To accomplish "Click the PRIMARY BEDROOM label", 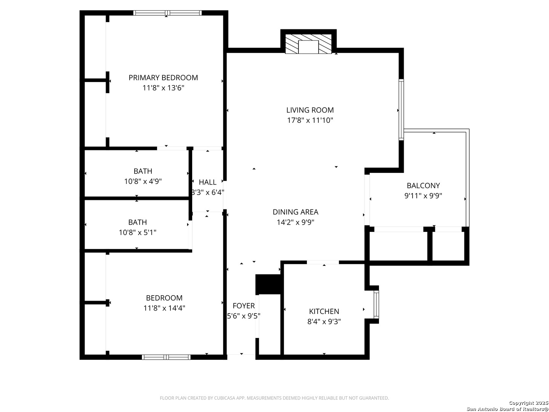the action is tap(163, 77).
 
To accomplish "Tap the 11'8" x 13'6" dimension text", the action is tap(163, 88).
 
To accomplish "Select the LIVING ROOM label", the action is tap(310, 110).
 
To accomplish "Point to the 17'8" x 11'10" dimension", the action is tap(310, 120).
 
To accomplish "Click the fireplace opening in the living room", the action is tap(308, 47).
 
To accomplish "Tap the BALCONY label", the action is tap(423, 186).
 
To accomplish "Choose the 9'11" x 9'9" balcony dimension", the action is tap(423, 196).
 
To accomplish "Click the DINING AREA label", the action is tap(295, 212).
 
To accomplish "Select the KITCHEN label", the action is tap(324, 311).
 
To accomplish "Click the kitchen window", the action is tap(376, 304).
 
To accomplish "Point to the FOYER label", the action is tap(244, 306).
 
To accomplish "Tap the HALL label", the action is tap(208, 182).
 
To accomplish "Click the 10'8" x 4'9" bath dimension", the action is tap(143, 181).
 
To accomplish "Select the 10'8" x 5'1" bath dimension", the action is tap(138, 233).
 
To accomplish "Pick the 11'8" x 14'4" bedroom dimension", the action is tap(164, 308).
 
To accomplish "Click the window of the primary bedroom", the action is tap(167, 13).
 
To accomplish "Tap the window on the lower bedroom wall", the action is tap(166, 357).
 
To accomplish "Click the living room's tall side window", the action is tap(401, 109).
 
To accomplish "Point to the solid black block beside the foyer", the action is tap(268, 285).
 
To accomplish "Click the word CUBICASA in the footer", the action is tap(224, 398).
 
